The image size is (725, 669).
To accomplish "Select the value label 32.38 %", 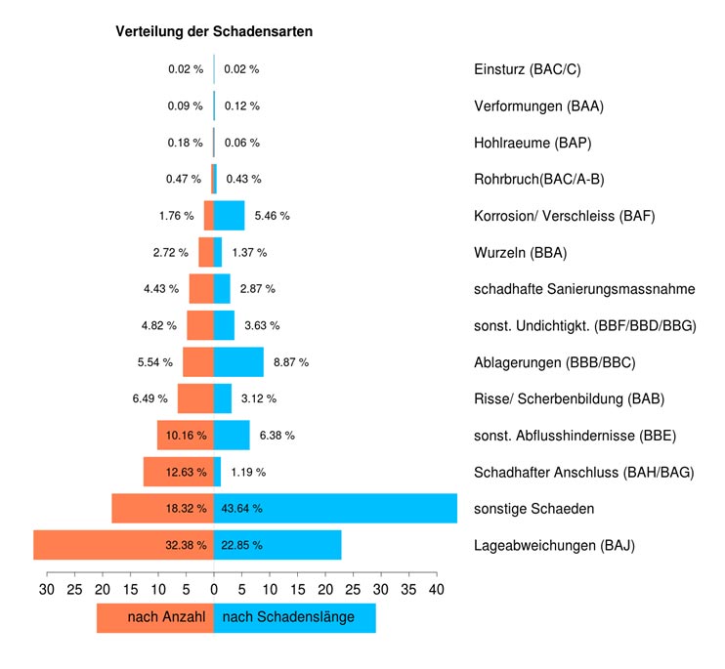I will (186, 545).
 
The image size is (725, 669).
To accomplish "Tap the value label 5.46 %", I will (272, 215).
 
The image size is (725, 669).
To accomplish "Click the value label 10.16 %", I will (186, 435).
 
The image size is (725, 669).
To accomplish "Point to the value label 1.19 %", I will (248, 472).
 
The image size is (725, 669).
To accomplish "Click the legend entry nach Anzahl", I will (166, 618).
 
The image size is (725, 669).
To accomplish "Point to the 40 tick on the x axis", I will (437, 590).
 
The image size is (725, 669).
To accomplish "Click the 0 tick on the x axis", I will (214, 590).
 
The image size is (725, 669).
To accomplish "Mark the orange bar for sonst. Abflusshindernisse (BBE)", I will (186, 435).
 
